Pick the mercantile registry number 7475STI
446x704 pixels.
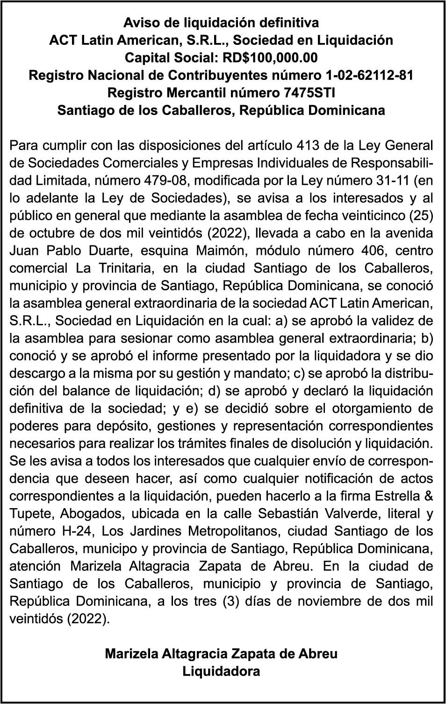click(309, 93)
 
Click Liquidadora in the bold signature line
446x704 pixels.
click(221, 672)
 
